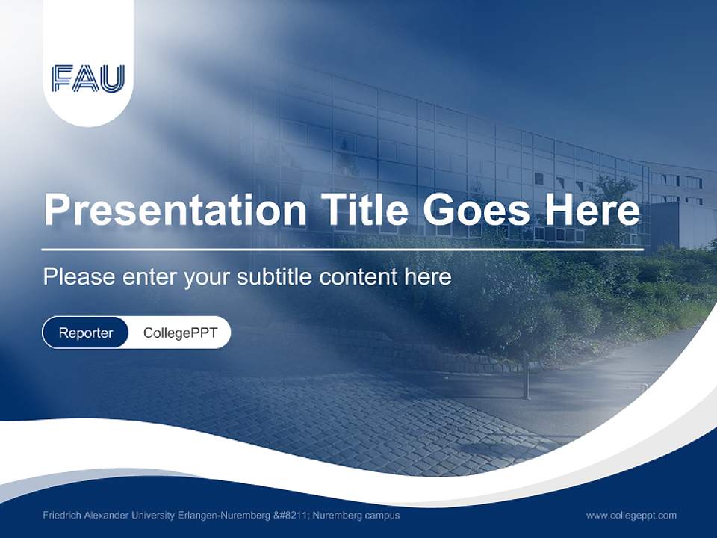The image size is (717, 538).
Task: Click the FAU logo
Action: point(88,78)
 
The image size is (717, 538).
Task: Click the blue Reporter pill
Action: point(86,333)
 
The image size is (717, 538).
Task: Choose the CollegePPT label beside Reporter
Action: point(180,333)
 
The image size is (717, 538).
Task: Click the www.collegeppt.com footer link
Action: point(631,515)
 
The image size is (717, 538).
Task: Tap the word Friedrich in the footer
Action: point(61,515)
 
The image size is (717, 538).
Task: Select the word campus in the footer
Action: point(383,515)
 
